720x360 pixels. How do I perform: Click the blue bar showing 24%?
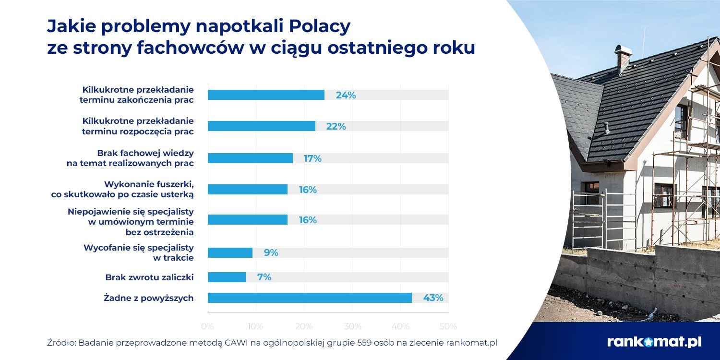tap(266, 95)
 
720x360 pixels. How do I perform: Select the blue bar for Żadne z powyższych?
tap(310, 298)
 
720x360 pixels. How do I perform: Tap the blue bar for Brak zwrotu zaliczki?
tap(227, 277)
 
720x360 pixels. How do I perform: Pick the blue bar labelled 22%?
tap(262, 126)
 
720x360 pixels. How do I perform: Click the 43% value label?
tap(433, 298)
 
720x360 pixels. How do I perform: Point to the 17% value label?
tap(312, 158)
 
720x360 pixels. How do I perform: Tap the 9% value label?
tap(271, 252)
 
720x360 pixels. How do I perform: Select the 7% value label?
tap(264, 277)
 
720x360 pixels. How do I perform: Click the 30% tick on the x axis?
tap(352, 326)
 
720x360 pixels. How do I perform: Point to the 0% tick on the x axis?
tap(208, 326)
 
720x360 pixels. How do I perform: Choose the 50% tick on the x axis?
tap(448, 326)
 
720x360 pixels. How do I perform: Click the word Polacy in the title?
tap(320, 26)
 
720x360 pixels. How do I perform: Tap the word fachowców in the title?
tap(190, 48)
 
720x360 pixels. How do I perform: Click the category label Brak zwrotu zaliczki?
tap(149, 277)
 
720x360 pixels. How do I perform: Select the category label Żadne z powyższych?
tap(148, 298)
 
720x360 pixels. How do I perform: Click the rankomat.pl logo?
tap(654, 342)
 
